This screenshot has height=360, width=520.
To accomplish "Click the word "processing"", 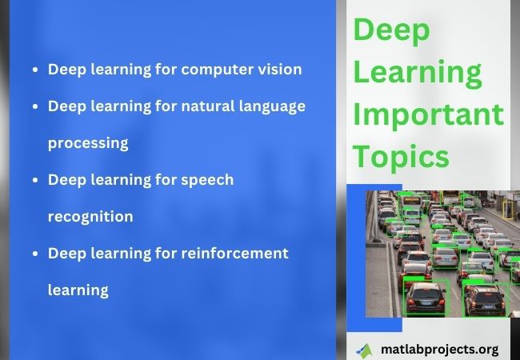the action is tap(88, 144).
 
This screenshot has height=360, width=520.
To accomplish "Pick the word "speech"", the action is tap(207, 180).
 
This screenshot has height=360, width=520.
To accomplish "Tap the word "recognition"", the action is tap(90, 217).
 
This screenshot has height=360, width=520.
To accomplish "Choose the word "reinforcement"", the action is tap(234, 254).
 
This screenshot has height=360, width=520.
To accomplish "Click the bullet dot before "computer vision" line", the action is tap(35, 70).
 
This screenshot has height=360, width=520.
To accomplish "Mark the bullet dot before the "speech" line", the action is tap(35, 180).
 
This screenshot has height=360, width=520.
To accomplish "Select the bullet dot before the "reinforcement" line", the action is tap(35, 254).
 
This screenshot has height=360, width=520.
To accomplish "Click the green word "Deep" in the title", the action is tap(392, 30).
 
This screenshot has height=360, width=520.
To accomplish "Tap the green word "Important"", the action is tap(429, 114).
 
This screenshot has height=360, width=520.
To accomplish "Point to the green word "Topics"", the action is tap(401, 157).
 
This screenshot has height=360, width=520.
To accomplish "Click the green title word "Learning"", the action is tap(418, 73).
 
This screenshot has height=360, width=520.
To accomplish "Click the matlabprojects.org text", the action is tap(440, 350).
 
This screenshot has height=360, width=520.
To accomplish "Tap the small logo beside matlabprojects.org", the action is tap(364, 351).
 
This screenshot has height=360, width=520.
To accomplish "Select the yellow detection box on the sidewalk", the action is tap(508, 210).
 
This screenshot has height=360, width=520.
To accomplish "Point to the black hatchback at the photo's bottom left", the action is tap(425, 298).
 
